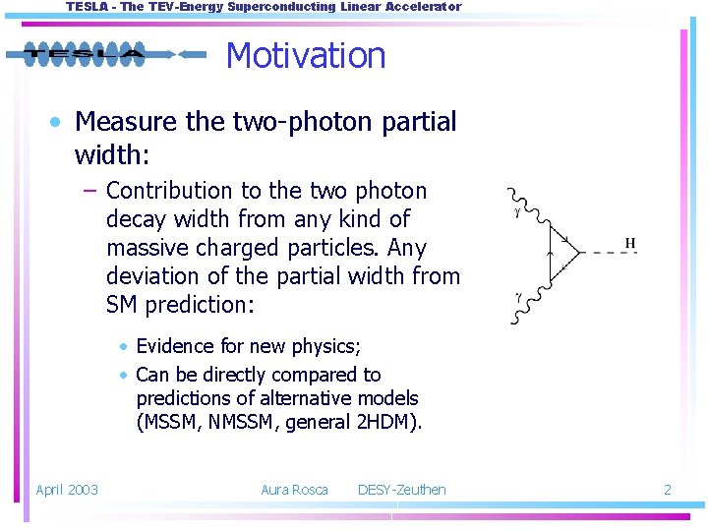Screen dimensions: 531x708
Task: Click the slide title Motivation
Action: tap(306, 55)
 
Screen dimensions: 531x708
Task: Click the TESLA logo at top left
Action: tap(85, 54)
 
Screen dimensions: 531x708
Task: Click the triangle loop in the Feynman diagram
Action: tap(564, 254)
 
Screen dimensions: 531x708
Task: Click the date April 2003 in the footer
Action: tap(67, 490)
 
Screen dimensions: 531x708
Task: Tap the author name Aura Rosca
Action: tap(294, 490)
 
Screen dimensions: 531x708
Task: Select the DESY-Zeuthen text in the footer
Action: tap(401, 490)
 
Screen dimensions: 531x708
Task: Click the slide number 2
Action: tap(667, 490)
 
